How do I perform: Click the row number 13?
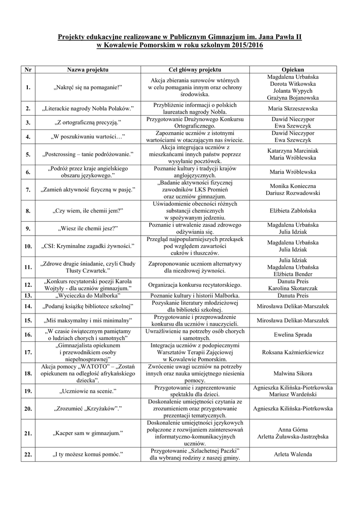pyautogui.click(x=28, y=295)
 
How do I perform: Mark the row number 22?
pyautogui.click(x=28, y=454)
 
